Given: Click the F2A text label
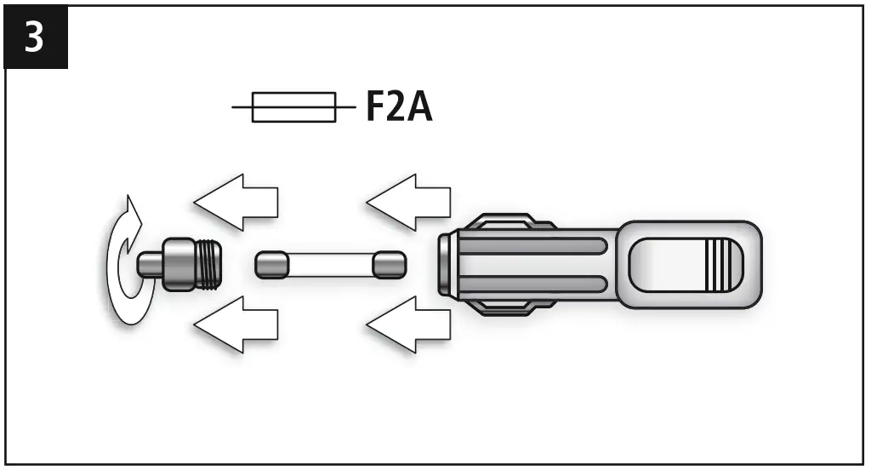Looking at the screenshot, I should pyautogui.click(x=399, y=108).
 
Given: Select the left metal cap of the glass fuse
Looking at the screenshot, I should pyautogui.click(x=272, y=264).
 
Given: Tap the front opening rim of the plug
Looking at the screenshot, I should pyautogui.click(x=444, y=264).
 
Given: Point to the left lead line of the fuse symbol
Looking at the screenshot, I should pyautogui.click(x=242, y=108).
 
